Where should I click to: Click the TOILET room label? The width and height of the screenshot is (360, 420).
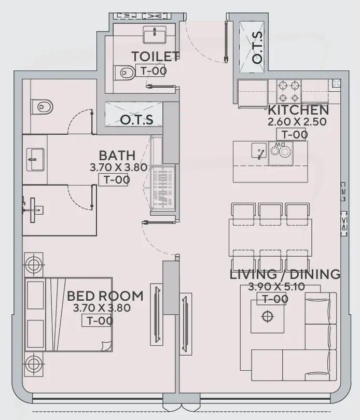click(155, 56)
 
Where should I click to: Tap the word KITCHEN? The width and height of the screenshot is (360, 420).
click(298, 110)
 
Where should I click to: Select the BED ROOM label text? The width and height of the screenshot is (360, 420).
click(105, 296)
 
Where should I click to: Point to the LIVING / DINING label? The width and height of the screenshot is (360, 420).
click(285, 274)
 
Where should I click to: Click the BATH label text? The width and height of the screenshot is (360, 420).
click(117, 156)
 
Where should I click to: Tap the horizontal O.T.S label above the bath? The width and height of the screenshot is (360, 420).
click(137, 120)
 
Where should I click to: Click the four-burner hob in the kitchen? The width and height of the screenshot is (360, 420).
click(289, 91)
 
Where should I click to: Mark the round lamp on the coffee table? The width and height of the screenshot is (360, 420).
click(268, 316)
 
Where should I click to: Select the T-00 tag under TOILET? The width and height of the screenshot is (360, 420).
click(150, 69)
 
